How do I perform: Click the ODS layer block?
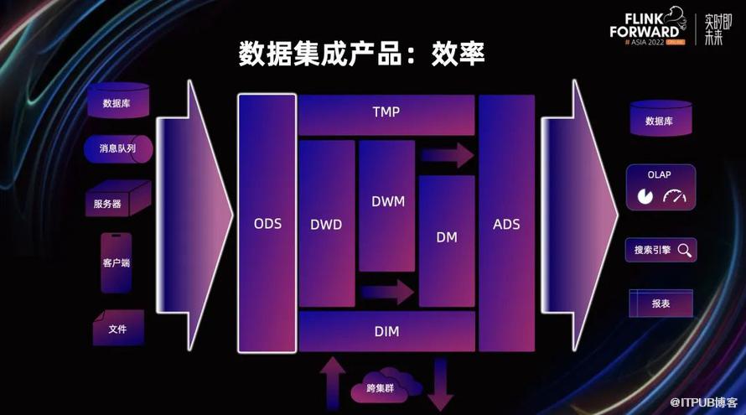click(267, 224)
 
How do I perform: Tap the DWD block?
click(326, 224)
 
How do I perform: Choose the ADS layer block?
click(506, 224)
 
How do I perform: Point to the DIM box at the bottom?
click(386, 331)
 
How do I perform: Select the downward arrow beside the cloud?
click(439, 384)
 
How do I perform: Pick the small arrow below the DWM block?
click(387, 292)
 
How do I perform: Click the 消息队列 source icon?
click(118, 149)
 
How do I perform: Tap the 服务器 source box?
click(115, 202)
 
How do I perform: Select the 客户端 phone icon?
click(116, 263)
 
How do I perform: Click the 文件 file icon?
click(118, 329)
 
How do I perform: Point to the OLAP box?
click(661, 187)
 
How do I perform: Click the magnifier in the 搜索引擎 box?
click(684, 249)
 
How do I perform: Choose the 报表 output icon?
click(661, 303)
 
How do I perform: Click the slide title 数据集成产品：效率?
click(362, 54)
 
